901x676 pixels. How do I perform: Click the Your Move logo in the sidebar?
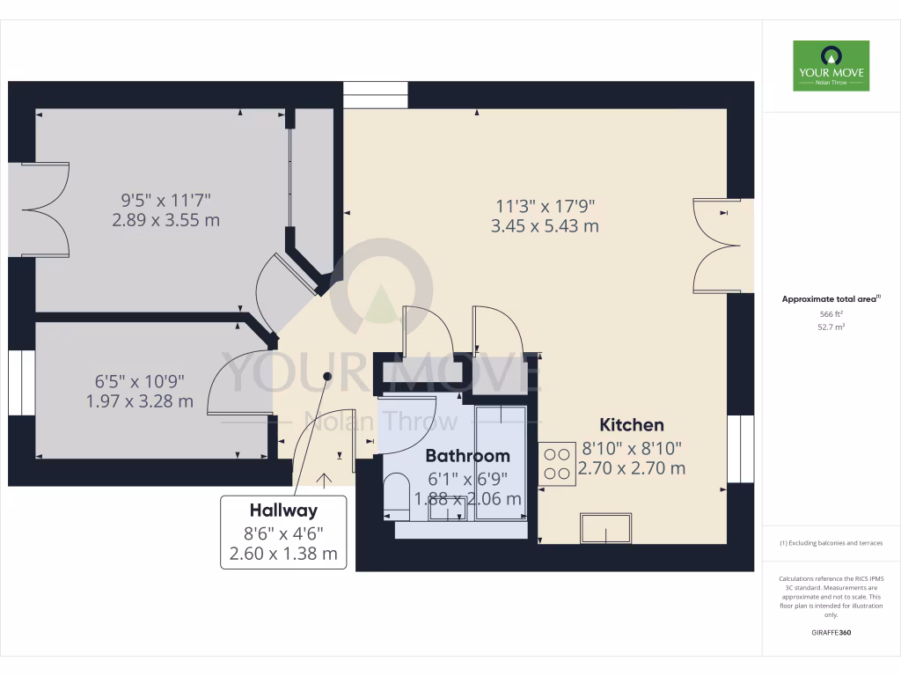point(831,66)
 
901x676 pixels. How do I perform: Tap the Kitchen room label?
point(632,425)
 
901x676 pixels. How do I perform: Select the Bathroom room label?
point(467,456)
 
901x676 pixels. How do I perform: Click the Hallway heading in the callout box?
point(282,510)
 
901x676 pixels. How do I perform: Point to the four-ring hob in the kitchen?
point(556,464)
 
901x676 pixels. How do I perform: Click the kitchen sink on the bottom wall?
point(605,528)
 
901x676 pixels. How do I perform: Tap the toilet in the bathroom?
point(398,497)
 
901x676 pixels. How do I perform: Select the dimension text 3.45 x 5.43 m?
point(545,226)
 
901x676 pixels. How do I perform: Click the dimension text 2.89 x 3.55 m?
point(165,220)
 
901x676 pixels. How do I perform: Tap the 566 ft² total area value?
point(831,314)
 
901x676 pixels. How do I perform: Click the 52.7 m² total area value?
point(831,327)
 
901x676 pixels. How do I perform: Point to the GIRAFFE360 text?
point(831,633)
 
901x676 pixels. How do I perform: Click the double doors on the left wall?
point(42,209)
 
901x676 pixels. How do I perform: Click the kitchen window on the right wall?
point(741,449)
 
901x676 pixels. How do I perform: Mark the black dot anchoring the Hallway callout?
point(327,376)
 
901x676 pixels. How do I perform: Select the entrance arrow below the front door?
point(325,479)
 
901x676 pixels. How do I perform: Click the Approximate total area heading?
point(831,299)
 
